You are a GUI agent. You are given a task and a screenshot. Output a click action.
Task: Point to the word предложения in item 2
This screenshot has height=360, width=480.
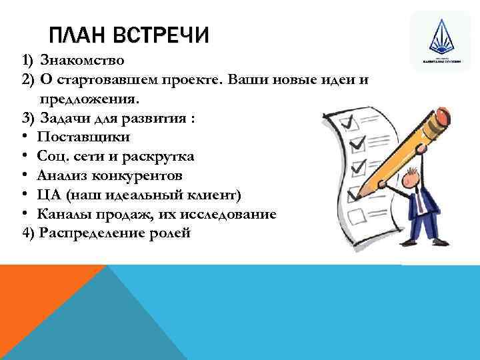89,99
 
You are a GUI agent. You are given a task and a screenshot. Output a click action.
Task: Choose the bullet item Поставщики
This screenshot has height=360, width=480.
84,137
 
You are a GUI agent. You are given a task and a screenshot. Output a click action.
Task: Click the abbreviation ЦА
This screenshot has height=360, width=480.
49,195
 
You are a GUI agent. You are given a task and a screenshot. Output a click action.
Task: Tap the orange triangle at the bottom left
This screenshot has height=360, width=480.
40,300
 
